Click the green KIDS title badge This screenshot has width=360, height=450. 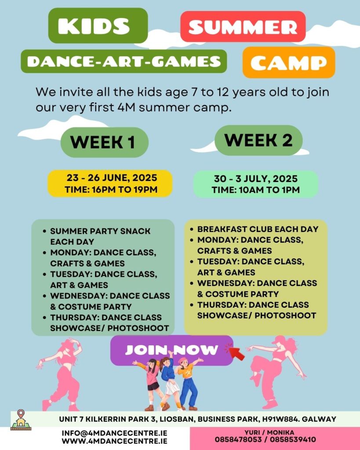(98, 25)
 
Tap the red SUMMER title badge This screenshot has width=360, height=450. (243, 27)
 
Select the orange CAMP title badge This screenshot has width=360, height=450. (289, 62)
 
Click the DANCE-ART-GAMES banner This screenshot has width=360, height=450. (124, 61)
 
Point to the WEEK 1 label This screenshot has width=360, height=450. (105, 142)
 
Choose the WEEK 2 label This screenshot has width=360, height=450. (258, 140)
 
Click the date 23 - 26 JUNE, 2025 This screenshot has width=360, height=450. (112, 178)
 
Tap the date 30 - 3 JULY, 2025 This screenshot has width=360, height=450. (256, 179)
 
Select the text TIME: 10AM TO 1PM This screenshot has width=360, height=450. (256, 190)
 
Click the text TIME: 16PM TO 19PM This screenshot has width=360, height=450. (111, 189)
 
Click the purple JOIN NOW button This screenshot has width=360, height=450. (172, 350)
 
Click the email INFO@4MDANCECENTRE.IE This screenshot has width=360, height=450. (115, 433)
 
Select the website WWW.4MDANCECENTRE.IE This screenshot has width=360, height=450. (115, 441)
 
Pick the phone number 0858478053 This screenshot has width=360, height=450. (238, 439)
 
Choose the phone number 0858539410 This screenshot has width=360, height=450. (293, 439)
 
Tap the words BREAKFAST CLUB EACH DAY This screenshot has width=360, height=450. (258, 229)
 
